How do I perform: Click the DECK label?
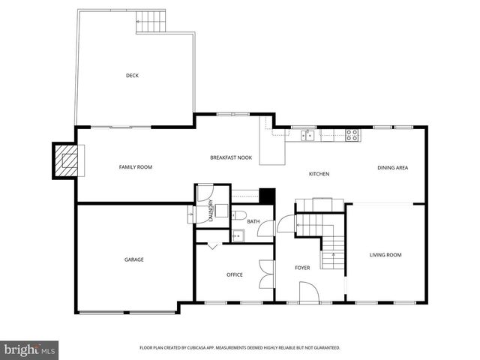pos(132,75)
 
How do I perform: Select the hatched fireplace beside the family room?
pos(67,160)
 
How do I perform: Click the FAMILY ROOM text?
pos(136,167)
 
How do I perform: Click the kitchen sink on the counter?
pos(307,135)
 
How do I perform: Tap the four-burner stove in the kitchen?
pos(352,135)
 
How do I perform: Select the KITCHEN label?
pos(319,174)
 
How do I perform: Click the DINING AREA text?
pos(392,167)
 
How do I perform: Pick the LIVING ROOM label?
pos(385,255)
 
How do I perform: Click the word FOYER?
pos(302,268)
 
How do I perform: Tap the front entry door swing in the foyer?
pos(309,292)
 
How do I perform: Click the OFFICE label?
pos(235,274)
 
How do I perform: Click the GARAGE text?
pos(134,259)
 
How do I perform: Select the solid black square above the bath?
pos(265,195)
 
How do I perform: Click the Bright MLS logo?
pos(30,349)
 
